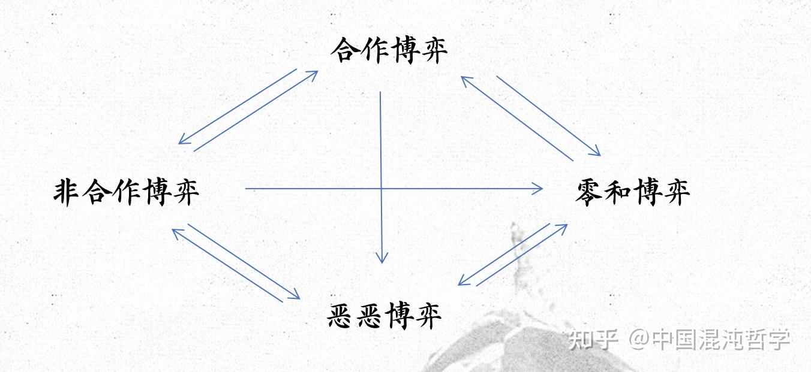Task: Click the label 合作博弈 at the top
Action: click(389, 50)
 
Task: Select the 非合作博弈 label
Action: click(127, 192)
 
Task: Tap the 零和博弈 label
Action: click(633, 192)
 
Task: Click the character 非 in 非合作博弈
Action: click(67, 192)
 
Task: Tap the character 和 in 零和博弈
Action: click(618, 192)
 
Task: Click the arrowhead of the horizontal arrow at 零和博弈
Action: click(539, 189)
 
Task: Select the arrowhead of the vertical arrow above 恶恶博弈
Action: click(382, 259)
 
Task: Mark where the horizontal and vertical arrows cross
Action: click(381, 189)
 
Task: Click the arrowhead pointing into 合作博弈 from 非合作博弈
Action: click(314, 74)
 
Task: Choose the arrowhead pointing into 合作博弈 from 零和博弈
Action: click(464, 78)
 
